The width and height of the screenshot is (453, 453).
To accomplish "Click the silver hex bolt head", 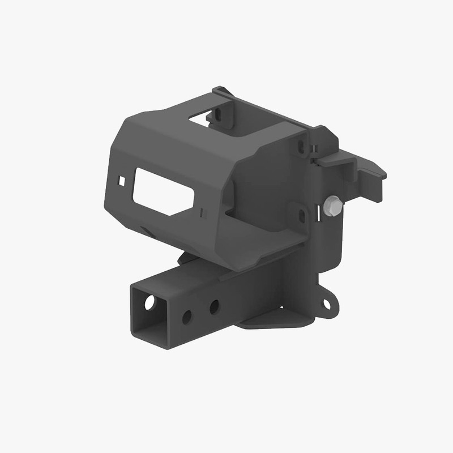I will coord(334,206).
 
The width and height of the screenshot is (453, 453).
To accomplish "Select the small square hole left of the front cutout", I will coord(121,181).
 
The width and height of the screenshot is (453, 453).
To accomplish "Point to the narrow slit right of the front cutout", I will coord(202,212).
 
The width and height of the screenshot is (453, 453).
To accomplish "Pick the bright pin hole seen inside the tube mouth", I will coord(149,303).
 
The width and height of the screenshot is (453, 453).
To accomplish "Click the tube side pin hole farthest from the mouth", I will coord(214,307).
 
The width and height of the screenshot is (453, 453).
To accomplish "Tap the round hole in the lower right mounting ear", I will coord(327,304).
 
